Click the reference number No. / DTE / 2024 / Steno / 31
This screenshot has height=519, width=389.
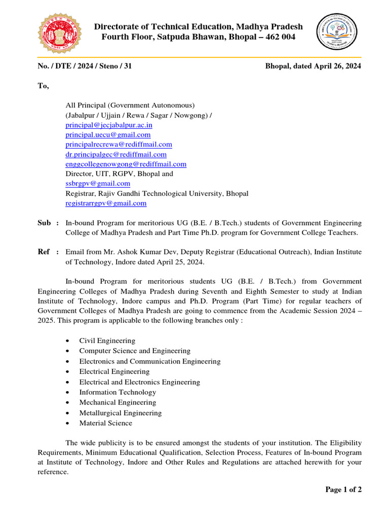pyautogui.click(x=85, y=66)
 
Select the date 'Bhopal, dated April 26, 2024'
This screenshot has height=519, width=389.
pyautogui.click(x=313, y=66)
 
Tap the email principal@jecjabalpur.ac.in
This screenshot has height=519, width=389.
pyautogui.click(x=109, y=125)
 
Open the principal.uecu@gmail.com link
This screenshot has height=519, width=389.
pyautogui.click(x=108, y=135)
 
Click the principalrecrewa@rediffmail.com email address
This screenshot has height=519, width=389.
pyautogui.click(x=119, y=144)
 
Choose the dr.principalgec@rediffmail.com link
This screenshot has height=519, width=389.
pyautogui.click(x=116, y=154)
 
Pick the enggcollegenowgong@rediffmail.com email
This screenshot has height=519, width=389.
pyautogui.click(x=126, y=164)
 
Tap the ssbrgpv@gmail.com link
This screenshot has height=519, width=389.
pyautogui.click(x=98, y=183)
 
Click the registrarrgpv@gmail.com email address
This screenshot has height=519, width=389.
pyautogui.click(x=106, y=203)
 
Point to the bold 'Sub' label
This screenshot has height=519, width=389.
pyautogui.click(x=45, y=223)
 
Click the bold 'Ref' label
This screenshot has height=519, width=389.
pyautogui.click(x=44, y=251)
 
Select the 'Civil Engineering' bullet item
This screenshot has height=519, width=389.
pyautogui.click(x=107, y=341)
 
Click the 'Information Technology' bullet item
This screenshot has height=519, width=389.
pyautogui.click(x=118, y=392)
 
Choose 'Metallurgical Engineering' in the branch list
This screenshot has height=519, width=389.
pyautogui.click(x=120, y=413)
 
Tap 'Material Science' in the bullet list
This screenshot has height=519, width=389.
pyautogui.click(x=105, y=423)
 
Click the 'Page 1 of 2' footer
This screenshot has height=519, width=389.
pyautogui.click(x=343, y=490)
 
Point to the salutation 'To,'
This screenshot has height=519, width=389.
pyautogui.click(x=43, y=86)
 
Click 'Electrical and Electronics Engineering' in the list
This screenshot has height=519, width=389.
pyautogui.click(x=139, y=382)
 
